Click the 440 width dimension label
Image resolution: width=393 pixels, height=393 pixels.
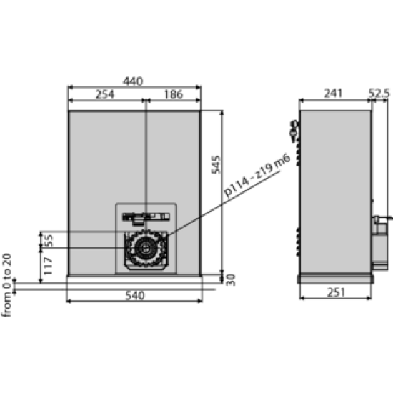tap(133, 81)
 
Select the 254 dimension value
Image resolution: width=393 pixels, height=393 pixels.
tap(105, 94)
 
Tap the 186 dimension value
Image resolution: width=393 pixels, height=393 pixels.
tap(174, 94)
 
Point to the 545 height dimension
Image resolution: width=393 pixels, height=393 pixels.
tap(216, 165)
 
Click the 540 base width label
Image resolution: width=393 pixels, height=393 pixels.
tap(135, 296)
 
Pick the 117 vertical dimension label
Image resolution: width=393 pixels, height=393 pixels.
tap(47, 266)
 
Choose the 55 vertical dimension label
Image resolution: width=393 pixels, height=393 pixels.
tap(49, 240)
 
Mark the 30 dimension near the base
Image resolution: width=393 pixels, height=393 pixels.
tap(231, 279)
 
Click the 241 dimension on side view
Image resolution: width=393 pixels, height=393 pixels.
tap(334, 94)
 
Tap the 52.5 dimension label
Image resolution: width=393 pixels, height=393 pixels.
tap(379, 94)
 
